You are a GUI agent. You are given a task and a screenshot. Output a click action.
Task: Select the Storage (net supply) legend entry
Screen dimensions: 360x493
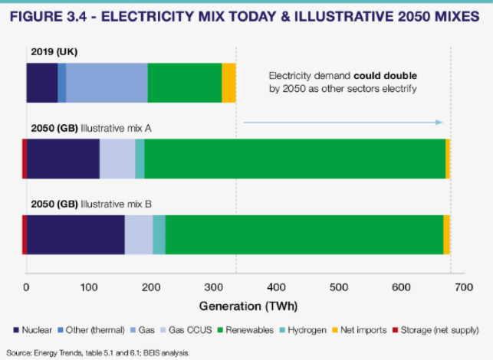[x=436, y=330]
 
